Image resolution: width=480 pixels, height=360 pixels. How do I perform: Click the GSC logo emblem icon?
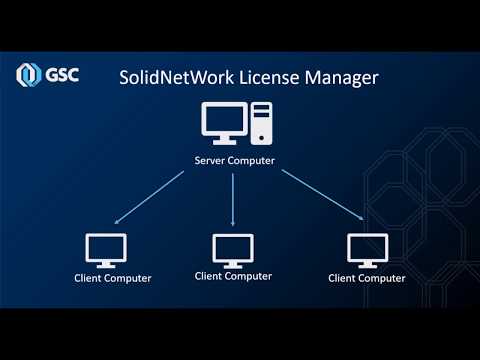(28, 75)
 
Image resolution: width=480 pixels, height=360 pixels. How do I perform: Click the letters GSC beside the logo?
(62, 75)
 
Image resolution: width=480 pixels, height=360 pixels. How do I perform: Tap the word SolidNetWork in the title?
(177, 78)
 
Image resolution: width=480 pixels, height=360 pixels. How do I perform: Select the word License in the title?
(269, 78)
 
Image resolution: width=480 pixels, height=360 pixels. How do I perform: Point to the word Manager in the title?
(342, 79)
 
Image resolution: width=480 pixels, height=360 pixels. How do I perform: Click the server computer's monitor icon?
(224, 123)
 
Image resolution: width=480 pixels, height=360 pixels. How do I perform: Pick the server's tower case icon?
(261, 123)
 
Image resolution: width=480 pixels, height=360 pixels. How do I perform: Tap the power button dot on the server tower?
(261, 138)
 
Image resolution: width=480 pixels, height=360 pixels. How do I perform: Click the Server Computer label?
(235, 161)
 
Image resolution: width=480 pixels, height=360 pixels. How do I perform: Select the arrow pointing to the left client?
(149, 197)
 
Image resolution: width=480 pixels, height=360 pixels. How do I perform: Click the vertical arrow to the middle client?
(233, 200)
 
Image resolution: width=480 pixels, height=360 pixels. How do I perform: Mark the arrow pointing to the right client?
(322, 195)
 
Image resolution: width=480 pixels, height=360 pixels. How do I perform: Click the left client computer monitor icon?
(106, 250)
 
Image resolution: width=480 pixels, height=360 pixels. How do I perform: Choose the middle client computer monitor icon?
(233, 251)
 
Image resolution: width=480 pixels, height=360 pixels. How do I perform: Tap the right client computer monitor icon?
(368, 251)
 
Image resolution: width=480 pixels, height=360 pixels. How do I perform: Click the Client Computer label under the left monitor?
(113, 278)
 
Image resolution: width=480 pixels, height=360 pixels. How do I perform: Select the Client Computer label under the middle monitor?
(233, 276)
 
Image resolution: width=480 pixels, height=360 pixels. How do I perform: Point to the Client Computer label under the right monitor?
(367, 278)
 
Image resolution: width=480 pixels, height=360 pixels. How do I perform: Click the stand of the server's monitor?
(224, 141)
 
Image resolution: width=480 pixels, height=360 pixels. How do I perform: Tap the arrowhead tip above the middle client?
(233, 226)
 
